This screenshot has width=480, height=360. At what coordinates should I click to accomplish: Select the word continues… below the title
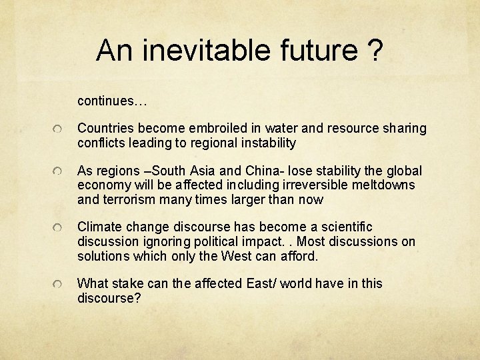coord(112,101)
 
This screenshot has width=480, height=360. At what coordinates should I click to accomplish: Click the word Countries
coord(104,128)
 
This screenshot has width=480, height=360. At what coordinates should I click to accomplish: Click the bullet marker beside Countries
coord(59,129)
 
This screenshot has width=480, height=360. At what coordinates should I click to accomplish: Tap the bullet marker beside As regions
coord(59,172)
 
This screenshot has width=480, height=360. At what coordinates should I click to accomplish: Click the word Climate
coord(100,227)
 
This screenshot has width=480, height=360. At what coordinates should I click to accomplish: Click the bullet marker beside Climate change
coord(59,228)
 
